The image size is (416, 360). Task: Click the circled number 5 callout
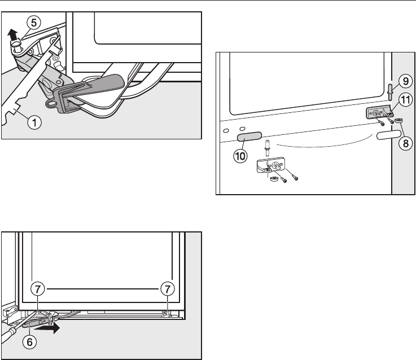pos(35,23)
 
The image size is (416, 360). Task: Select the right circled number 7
pos(167,289)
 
